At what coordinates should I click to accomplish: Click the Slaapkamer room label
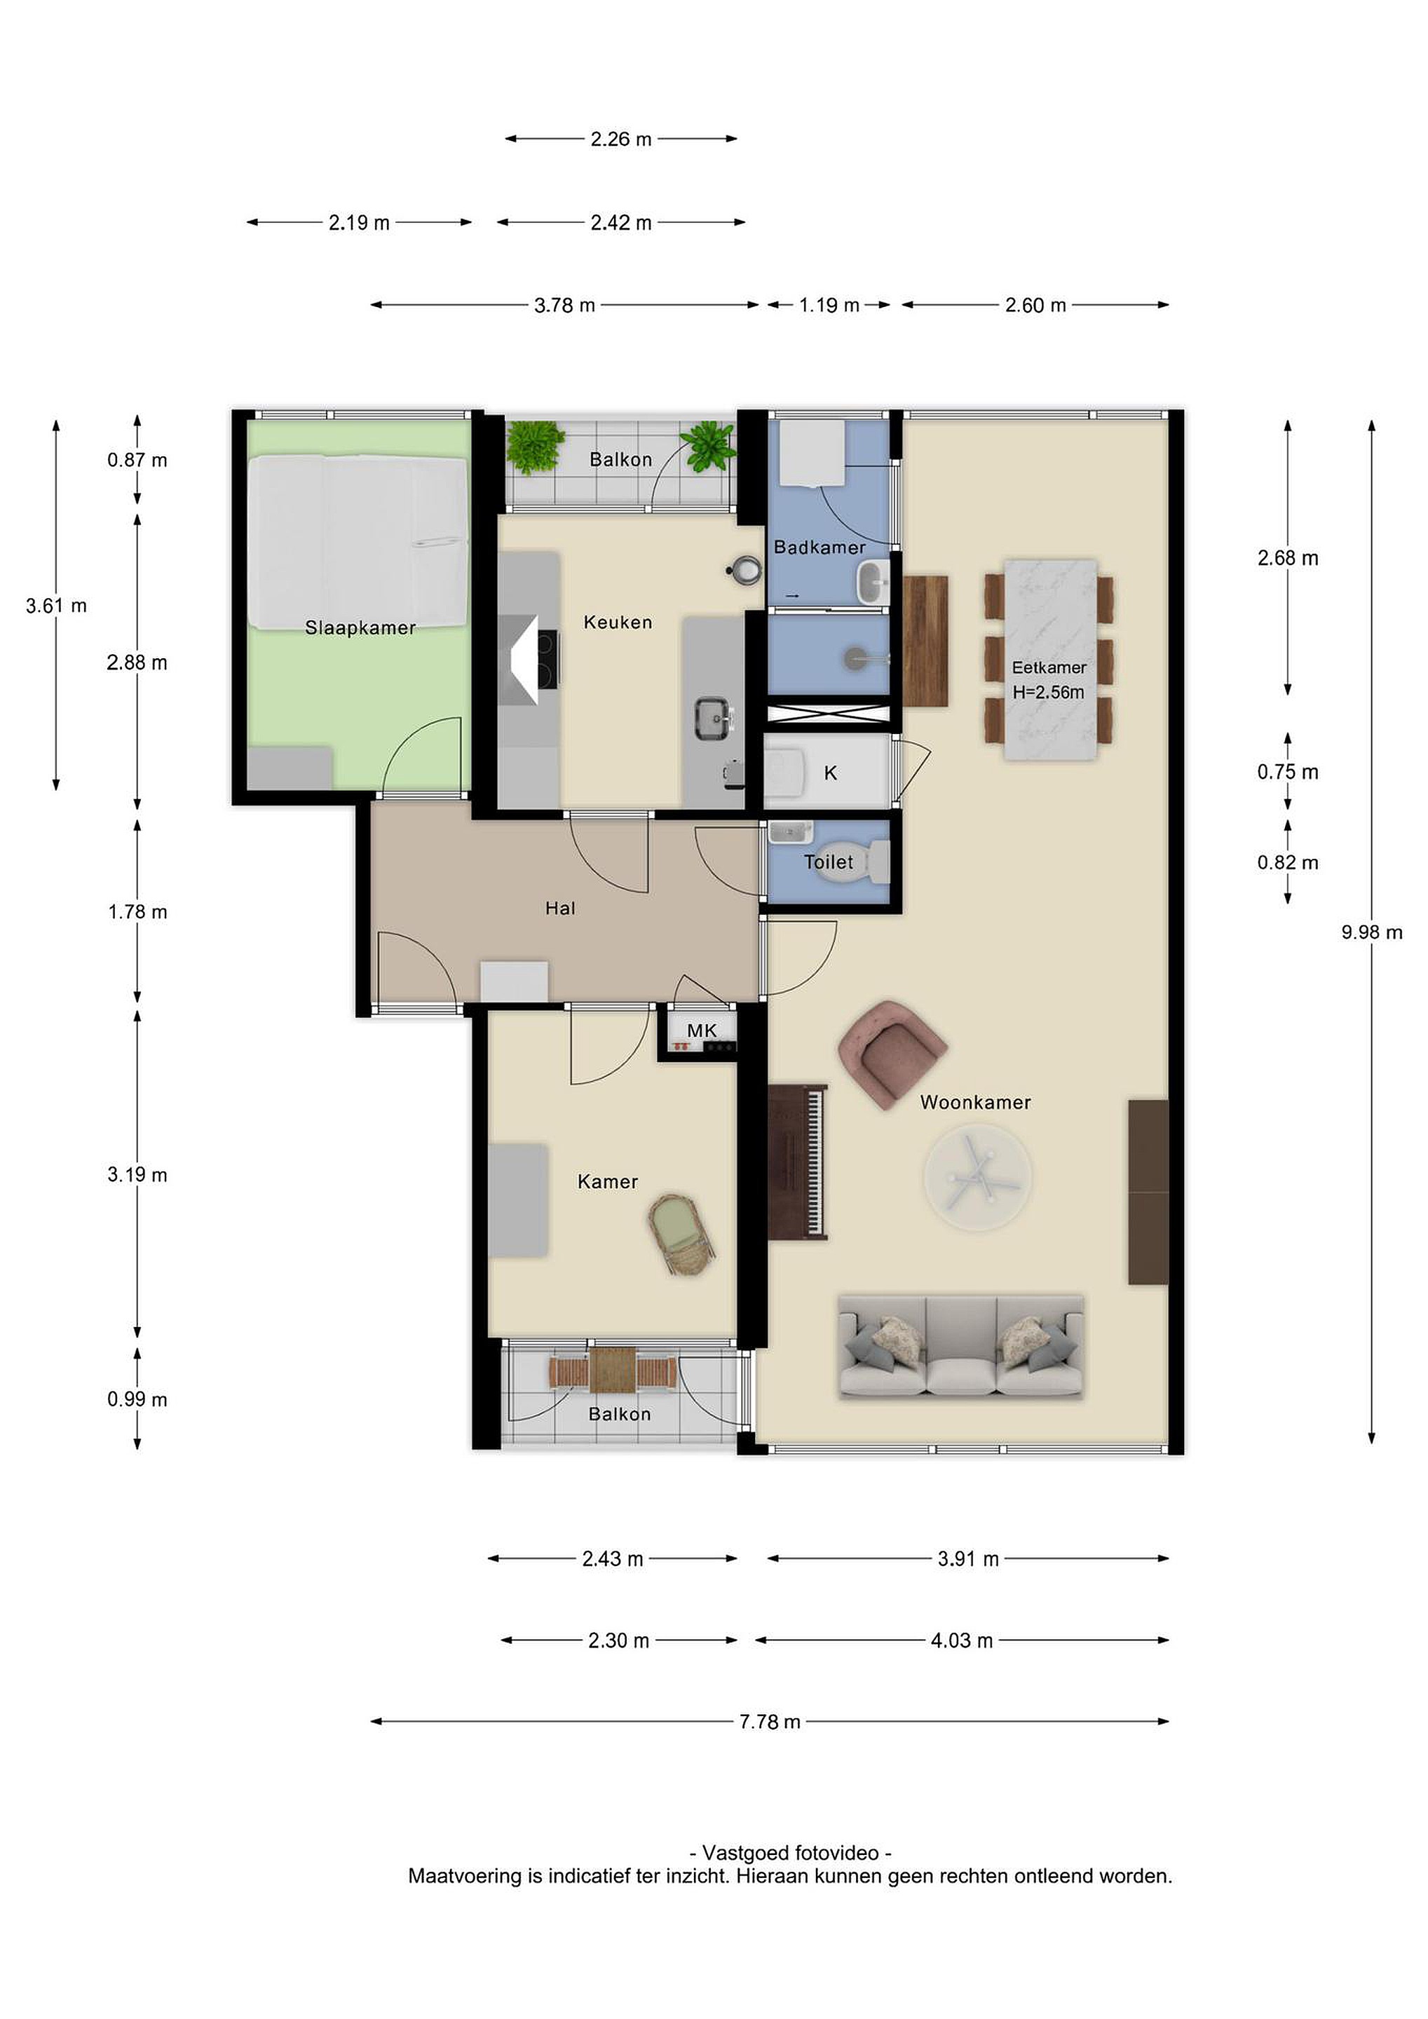pyautogui.click(x=360, y=628)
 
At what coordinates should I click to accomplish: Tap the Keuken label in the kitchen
pyautogui.click(x=618, y=623)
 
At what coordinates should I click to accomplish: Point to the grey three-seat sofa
pyautogui.click(x=961, y=1346)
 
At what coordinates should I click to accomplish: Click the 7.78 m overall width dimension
pyautogui.click(x=770, y=1722)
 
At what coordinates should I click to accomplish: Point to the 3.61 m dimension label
pyautogui.click(x=56, y=605)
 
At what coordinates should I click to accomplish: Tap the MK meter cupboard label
pyautogui.click(x=702, y=1031)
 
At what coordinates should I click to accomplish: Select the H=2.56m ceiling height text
pyautogui.click(x=1048, y=692)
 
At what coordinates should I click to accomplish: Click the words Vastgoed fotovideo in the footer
pyautogui.click(x=791, y=1853)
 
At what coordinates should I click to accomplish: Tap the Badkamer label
pyautogui.click(x=820, y=547)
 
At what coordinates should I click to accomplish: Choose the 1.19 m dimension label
pyautogui.click(x=829, y=305)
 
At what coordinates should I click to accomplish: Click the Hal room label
pyautogui.click(x=560, y=909)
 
